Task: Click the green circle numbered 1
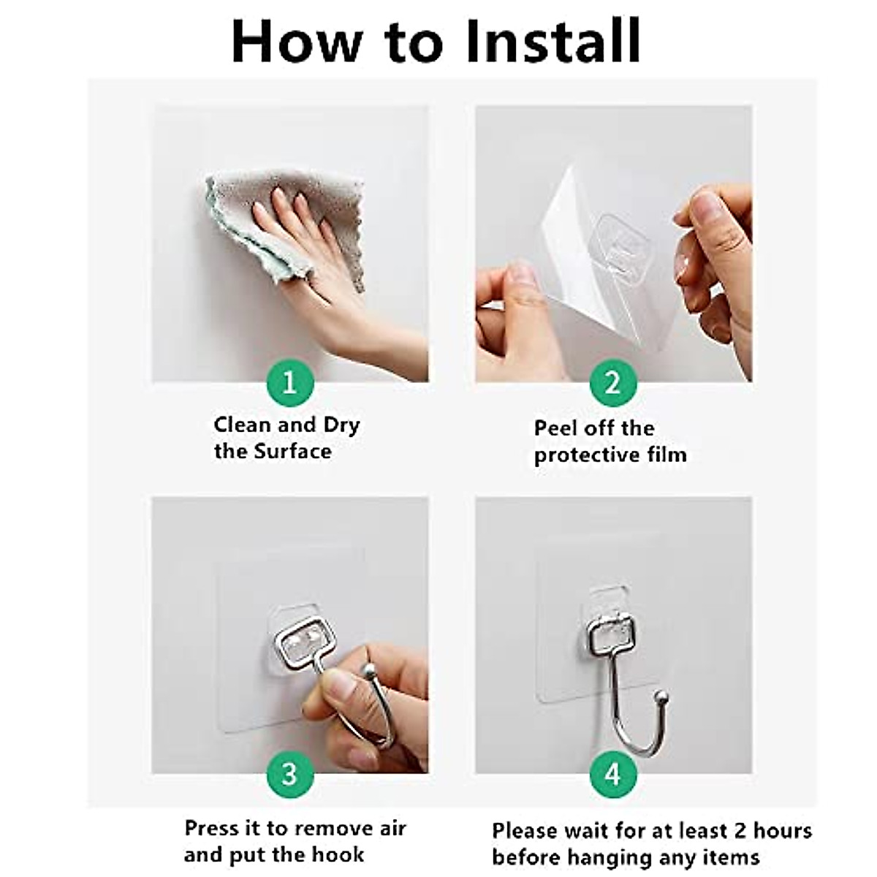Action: [290, 383]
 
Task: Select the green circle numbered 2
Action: [613, 383]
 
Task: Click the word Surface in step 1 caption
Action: [292, 452]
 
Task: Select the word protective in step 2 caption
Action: [587, 455]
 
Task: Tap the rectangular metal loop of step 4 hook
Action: [610, 629]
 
